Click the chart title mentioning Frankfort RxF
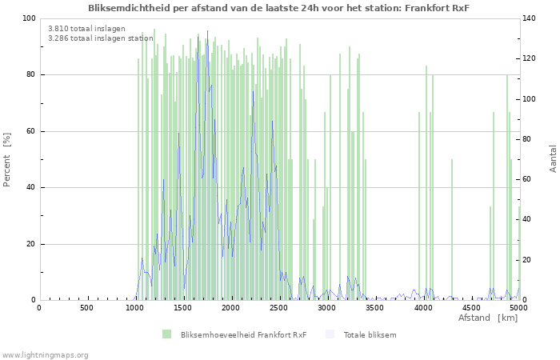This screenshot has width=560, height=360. point(279,7)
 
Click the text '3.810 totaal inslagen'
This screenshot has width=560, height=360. point(86,28)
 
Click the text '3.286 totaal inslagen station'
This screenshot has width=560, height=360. point(100,38)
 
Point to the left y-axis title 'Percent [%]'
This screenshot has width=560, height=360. point(7,159)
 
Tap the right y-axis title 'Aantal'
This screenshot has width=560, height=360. point(553,158)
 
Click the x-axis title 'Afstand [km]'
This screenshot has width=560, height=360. point(488,318)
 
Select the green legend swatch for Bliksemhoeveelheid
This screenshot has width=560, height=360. point(166,334)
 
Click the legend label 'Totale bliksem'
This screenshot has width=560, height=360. point(370,334)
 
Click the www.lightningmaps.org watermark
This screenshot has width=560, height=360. point(45,354)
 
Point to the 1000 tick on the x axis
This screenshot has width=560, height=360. point(135,307)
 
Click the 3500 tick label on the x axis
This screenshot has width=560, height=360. point(375,307)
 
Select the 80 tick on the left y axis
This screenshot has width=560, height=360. point(30,75)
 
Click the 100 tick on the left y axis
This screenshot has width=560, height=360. point(29,18)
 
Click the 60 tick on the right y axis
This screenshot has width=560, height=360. point(529,180)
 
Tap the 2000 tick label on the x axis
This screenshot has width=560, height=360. point(231,307)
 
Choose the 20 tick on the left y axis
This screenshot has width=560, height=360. point(30,244)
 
